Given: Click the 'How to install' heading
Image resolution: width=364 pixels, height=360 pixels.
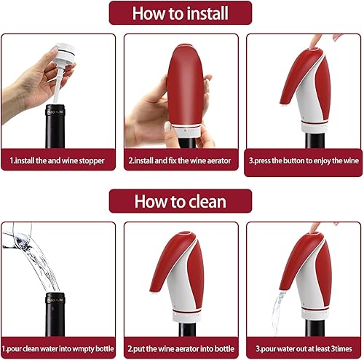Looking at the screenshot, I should coord(181,13).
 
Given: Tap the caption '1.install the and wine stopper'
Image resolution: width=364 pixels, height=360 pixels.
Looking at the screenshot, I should coord(58,160).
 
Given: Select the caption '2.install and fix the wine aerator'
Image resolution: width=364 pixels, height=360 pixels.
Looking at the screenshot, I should coord(181,160).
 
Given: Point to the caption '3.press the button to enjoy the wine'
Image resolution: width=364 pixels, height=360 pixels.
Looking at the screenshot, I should coord(304,160).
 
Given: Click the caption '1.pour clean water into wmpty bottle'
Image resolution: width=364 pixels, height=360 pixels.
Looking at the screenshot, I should coord(58,348).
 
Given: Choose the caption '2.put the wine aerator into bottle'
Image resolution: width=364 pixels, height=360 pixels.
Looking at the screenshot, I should coord(181,348).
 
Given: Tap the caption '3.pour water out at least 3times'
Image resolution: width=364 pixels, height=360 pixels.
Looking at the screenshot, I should coord(304,348).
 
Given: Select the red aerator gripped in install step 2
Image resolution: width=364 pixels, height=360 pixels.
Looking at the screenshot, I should coord(185,87).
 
